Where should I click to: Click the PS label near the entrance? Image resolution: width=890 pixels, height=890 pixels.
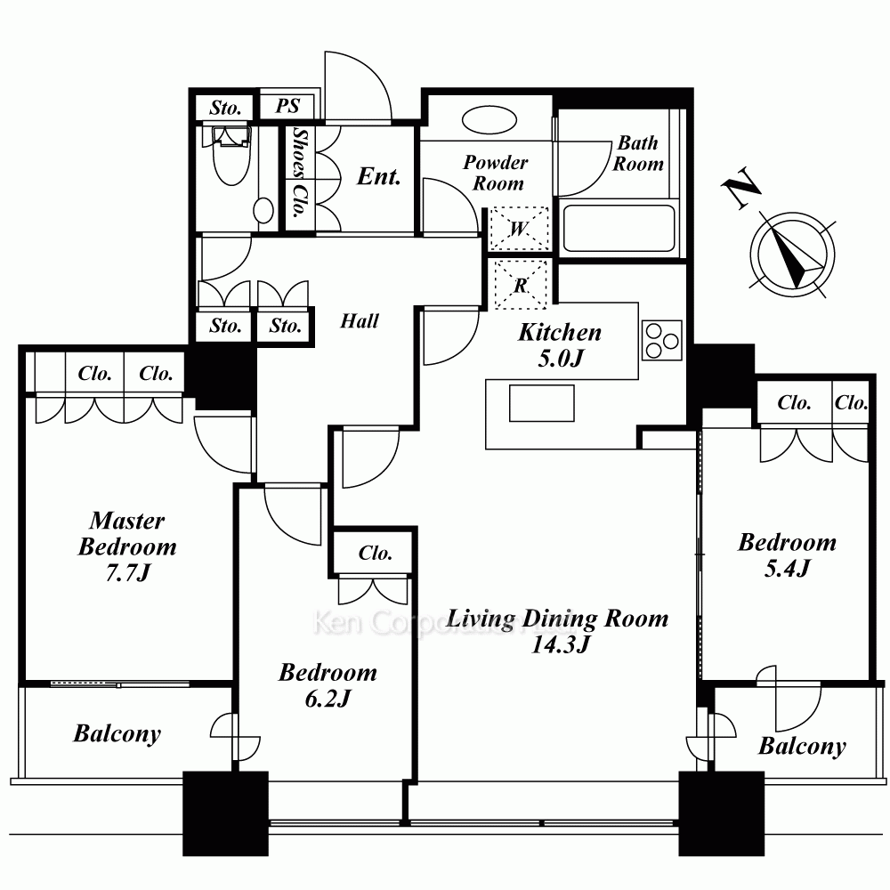point(287,106)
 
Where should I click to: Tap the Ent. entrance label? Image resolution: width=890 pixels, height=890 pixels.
point(378,176)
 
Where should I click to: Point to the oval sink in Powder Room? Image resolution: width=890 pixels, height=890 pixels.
point(489,120)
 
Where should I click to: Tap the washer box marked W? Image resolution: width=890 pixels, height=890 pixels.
point(519,229)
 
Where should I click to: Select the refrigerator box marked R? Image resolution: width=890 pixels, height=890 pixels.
point(521,285)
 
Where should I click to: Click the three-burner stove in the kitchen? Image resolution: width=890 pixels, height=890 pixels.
point(662,341)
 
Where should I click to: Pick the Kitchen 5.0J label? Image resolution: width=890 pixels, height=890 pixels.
point(560,345)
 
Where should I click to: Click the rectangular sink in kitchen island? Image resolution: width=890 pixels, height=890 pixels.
point(541,403)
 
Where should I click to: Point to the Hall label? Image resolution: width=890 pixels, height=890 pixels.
point(360,321)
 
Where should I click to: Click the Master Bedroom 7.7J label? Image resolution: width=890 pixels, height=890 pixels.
point(127,546)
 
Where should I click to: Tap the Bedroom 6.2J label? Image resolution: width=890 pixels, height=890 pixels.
point(328,685)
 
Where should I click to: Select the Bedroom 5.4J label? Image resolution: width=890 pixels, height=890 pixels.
point(788,555)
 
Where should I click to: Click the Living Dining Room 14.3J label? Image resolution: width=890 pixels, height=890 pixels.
point(557,631)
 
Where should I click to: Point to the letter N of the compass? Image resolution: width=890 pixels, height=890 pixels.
point(741,188)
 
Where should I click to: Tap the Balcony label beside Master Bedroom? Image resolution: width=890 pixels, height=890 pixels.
point(117,734)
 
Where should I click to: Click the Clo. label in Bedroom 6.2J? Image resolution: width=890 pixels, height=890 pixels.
point(376,553)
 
